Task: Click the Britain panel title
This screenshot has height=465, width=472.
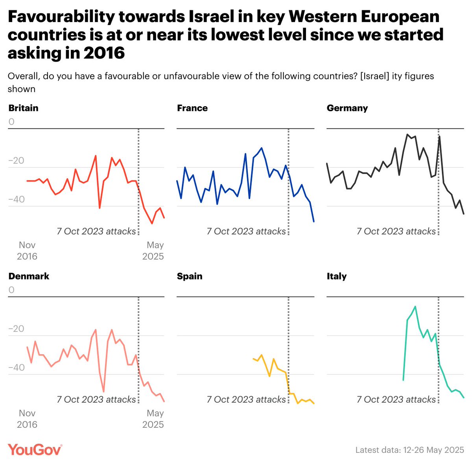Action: (23, 108)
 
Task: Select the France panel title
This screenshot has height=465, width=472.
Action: (192, 108)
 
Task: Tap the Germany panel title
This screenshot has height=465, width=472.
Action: (347, 108)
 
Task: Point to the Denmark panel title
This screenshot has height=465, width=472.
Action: (29, 276)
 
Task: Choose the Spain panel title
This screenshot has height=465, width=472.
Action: (190, 276)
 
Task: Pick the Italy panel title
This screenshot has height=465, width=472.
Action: (337, 276)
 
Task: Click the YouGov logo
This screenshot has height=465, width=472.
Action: (35, 450)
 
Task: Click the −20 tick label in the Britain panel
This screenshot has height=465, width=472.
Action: (16, 161)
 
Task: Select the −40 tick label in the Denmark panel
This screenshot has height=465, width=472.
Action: (16, 368)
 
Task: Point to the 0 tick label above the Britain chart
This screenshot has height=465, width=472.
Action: (11, 122)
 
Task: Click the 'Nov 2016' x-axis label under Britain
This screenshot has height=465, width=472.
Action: (27, 251)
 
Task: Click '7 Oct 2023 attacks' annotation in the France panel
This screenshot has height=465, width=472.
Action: (246, 231)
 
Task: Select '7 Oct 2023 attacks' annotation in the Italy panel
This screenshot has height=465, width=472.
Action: (396, 399)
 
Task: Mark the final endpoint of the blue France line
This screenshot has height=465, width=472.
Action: (314, 222)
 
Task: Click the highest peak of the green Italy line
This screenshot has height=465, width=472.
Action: (415, 306)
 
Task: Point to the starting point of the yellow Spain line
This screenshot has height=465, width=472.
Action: (253, 358)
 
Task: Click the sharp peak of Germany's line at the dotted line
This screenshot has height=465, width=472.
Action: (439, 136)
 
